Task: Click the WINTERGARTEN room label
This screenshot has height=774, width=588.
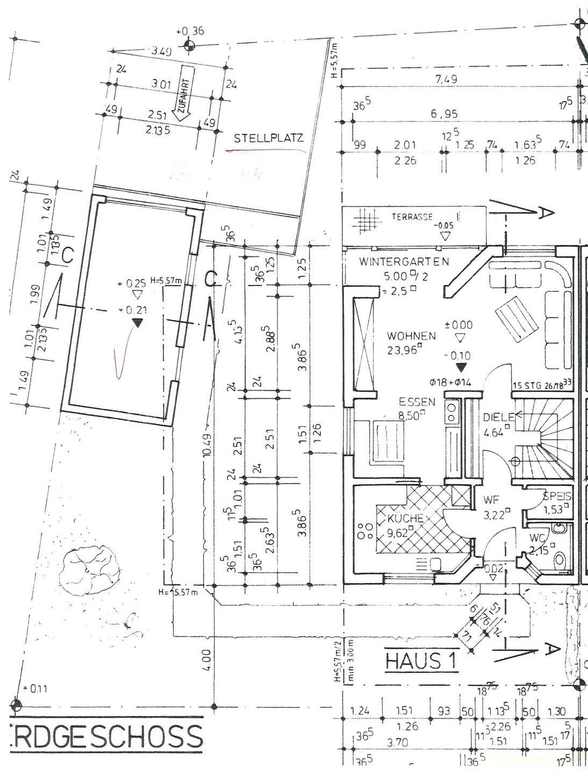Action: coord(404,262)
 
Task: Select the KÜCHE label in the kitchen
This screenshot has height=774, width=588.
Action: coord(406,519)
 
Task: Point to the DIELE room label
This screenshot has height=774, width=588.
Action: coord(498,417)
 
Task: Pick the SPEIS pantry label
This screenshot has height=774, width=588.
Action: coord(557,497)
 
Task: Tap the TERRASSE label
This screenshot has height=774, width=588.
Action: coord(412,217)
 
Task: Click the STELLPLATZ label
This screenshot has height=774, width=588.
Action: coord(269,138)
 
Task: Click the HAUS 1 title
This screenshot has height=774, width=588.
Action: coord(421,661)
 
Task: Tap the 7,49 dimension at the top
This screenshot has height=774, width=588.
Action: coord(446,80)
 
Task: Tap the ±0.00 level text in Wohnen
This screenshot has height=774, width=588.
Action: coord(458,325)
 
